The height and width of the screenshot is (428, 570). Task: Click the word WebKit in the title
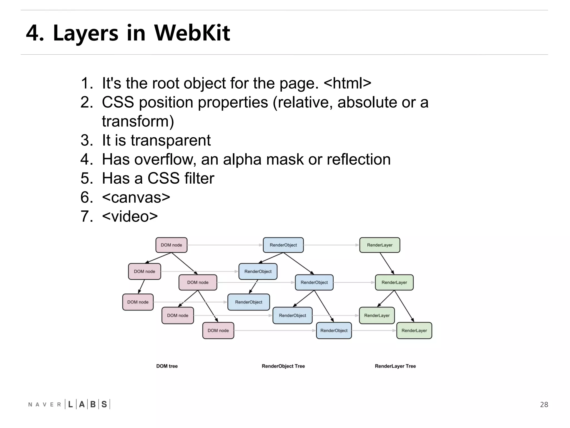pyautogui.click(x=192, y=33)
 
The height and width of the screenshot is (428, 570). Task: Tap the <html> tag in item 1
pyautogui.click(x=348, y=83)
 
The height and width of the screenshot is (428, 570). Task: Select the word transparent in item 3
pyautogui.click(x=171, y=140)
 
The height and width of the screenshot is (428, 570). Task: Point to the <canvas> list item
pyautogui.click(x=136, y=197)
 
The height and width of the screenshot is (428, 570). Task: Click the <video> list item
pyautogui.click(x=130, y=216)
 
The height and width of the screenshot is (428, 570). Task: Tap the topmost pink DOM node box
pyautogui.click(x=171, y=245)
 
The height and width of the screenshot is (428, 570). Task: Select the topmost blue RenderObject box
pyautogui.click(x=283, y=245)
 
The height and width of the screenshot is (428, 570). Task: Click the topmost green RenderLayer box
pyautogui.click(x=379, y=245)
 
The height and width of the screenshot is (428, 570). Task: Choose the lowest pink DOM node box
pyautogui.click(x=218, y=330)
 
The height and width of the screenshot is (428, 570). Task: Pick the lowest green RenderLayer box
pyautogui.click(x=414, y=330)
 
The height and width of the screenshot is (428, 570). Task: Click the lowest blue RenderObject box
pyautogui.click(x=334, y=330)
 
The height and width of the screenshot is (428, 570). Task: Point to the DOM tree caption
pyautogui.click(x=167, y=366)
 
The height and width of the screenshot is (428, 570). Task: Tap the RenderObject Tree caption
pyautogui.click(x=283, y=366)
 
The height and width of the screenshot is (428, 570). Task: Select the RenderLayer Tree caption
pyautogui.click(x=395, y=366)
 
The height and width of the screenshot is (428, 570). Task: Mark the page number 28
pyautogui.click(x=544, y=405)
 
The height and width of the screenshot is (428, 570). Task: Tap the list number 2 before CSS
pyautogui.click(x=87, y=102)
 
